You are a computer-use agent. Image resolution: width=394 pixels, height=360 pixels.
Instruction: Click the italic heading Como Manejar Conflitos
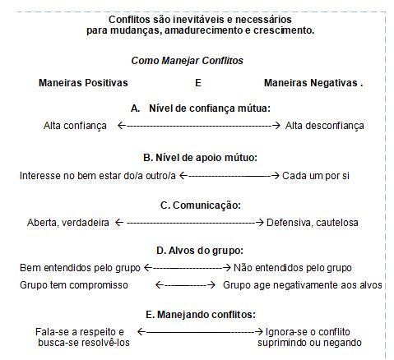(187, 61)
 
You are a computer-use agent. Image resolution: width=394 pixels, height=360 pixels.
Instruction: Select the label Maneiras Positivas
(83, 83)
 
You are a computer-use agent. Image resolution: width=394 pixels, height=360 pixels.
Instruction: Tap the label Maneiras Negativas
(311, 83)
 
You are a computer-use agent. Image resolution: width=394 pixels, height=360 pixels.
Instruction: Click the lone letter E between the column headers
(198, 83)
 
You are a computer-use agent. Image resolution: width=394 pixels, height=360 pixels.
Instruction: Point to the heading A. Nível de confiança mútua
(201, 108)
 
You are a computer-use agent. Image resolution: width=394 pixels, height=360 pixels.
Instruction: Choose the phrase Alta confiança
(75, 126)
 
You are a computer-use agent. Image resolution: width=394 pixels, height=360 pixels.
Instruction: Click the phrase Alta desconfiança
(325, 126)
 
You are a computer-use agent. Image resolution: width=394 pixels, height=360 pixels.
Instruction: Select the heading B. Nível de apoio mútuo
(201, 158)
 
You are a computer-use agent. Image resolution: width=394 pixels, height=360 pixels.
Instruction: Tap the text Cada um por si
(316, 176)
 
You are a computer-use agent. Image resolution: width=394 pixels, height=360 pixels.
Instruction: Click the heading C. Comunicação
(201, 205)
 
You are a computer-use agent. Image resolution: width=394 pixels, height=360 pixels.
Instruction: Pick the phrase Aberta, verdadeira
(68, 223)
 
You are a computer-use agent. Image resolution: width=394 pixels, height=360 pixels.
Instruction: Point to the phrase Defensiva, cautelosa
(313, 223)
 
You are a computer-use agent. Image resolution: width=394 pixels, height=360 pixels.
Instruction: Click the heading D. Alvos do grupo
(200, 251)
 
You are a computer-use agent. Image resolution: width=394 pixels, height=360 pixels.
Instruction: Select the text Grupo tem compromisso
(74, 285)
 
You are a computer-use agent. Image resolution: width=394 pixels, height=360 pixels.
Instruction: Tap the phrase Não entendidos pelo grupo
(293, 268)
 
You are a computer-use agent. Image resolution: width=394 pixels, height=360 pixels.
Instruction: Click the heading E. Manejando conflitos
(201, 315)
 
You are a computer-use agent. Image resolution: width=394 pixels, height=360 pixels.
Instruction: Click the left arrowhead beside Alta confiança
(121, 126)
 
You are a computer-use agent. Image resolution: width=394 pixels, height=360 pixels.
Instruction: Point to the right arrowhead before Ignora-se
(259, 332)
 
